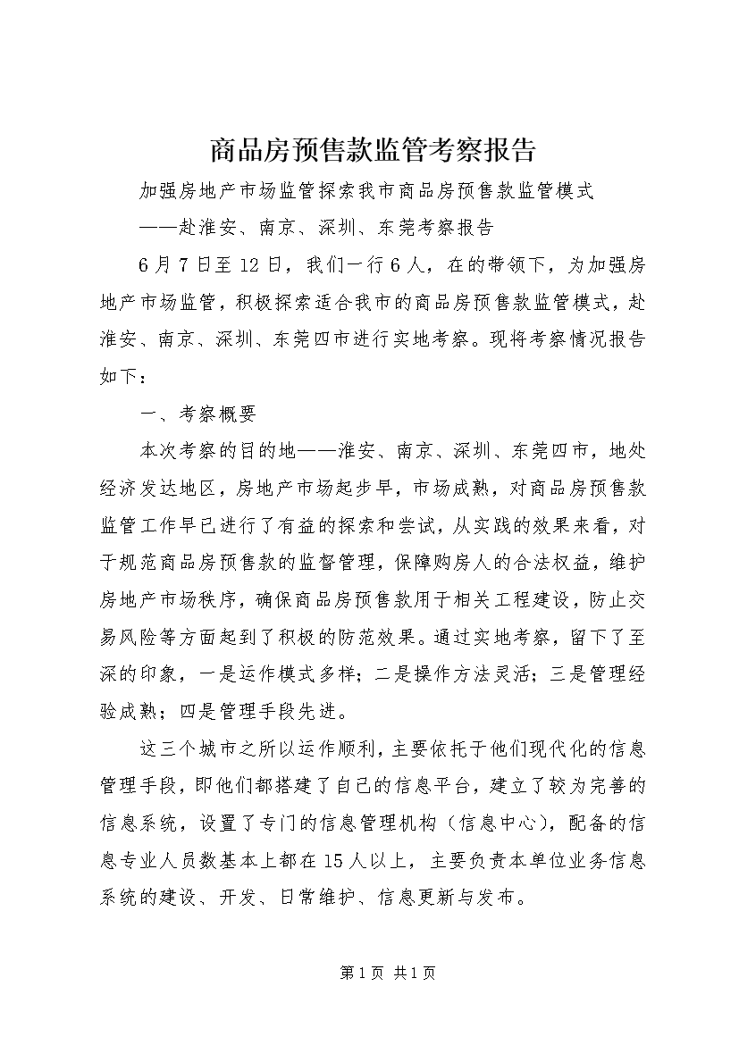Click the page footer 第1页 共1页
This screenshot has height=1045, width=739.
pyautogui.click(x=369, y=972)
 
